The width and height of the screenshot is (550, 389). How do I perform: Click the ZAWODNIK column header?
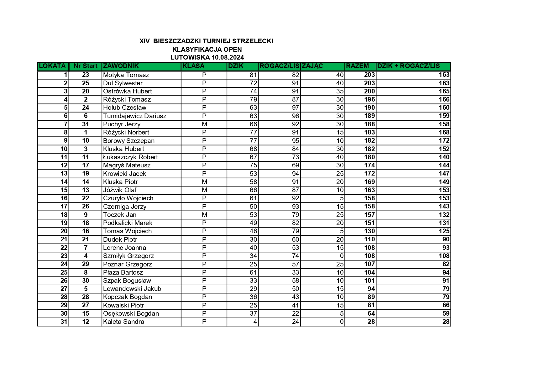(121, 66)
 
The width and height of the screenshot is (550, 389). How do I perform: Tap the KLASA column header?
(193, 66)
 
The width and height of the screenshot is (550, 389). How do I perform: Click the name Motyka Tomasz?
(126, 75)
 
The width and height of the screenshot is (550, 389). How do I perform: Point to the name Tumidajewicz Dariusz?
(135, 116)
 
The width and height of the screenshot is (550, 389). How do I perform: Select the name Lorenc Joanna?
(124, 248)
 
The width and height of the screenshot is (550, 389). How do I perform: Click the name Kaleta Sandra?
(123, 322)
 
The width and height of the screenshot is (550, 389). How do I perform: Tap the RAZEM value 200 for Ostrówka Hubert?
(369, 91)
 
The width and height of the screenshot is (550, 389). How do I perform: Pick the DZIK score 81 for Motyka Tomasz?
(253, 75)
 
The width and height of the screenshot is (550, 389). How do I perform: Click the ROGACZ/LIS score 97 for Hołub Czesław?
(295, 108)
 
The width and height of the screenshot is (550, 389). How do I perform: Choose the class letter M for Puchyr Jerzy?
(204, 124)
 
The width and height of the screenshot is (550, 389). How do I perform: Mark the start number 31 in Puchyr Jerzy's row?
(86, 124)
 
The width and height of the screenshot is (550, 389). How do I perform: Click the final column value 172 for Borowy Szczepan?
(444, 141)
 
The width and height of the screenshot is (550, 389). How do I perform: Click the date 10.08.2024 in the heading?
(228, 57)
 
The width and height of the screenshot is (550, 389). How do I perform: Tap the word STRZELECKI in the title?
(257, 41)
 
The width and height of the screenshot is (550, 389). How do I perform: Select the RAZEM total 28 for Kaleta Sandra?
(371, 322)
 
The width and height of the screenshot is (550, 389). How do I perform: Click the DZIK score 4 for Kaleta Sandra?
(255, 322)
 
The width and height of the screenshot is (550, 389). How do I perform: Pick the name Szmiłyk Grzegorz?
(128, 256)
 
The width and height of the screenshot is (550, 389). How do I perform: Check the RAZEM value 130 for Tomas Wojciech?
(369, 231)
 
